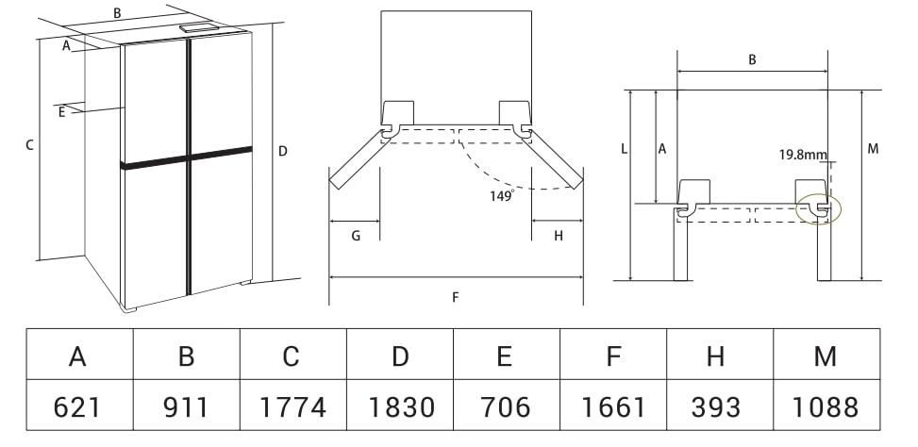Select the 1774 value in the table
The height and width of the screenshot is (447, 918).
pos(292,405)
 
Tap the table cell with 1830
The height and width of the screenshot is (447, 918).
pos(400,405)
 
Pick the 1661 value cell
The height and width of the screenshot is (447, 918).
pos(613,405)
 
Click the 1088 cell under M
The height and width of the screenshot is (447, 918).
pos(826,405)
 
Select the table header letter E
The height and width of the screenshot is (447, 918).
pos(504,356)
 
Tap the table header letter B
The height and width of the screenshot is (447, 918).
pos(186,356)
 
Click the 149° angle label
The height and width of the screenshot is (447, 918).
pos(502,195)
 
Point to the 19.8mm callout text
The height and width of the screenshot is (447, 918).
pos(803,155)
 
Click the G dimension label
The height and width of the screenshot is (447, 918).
pos(356,236)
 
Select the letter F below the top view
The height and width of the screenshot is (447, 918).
pos(456,297)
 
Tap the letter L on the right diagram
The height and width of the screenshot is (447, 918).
pos(624,149)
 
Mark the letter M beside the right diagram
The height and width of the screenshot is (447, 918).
pos(873,149)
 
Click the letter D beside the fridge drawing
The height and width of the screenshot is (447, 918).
pos(283,152)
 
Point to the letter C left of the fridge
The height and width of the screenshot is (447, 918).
pos(29,145)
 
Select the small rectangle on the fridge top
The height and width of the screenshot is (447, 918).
pos(198,27)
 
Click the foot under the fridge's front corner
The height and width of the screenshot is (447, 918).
pos(127,309)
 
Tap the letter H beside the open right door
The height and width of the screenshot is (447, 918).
pos(559,236)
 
